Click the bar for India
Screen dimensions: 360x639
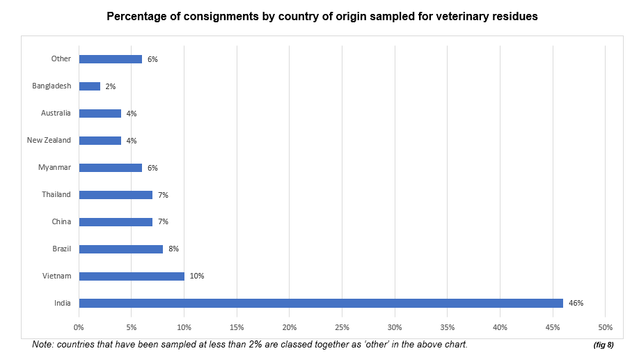pos(320,303)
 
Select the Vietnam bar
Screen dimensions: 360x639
pos(132,276)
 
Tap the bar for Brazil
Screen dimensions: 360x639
pos(120,249)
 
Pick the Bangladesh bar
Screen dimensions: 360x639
pos(89,86)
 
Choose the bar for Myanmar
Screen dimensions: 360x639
pos(110,167)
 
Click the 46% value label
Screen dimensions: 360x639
pos(576,303)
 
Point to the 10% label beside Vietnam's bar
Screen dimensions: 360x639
pos(197,276)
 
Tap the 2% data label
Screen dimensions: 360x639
pos(110,86)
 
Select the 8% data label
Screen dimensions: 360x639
pos(173,249)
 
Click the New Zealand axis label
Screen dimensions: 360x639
pos(49,140)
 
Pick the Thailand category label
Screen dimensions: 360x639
pos(56,194)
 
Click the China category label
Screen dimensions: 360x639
pos(61,221)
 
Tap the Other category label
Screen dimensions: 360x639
pos(61,59)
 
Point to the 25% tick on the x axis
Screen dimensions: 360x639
pos(342,327)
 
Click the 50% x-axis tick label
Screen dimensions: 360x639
pos(605,327)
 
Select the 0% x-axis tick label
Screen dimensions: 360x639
pos(79,327)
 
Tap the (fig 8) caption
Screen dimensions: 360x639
pos(603,345)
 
